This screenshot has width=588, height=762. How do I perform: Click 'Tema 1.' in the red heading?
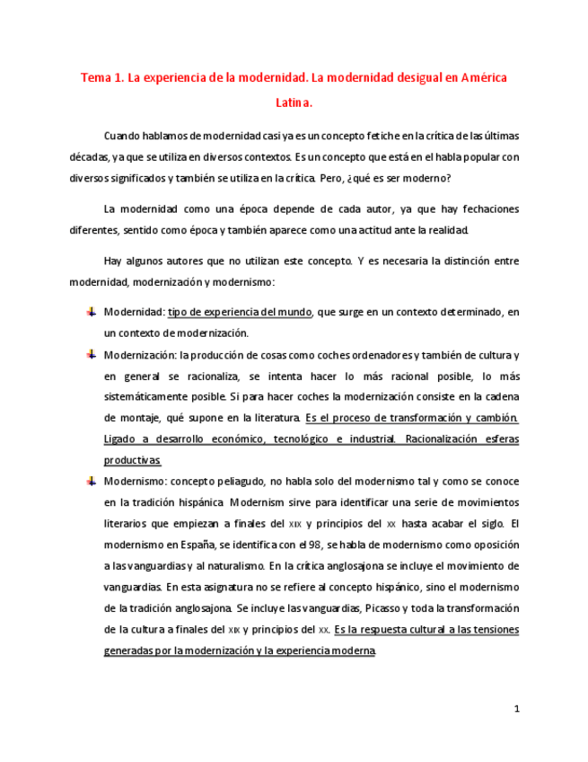click(x=101, y=78)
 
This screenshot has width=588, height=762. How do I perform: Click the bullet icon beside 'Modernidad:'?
click(x=91, y=312)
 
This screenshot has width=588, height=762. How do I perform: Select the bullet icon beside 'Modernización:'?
click(x=91, y=355)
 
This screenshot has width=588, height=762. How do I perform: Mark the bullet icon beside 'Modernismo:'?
click(x=91, y=482)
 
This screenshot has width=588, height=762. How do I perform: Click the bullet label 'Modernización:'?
click(x=140, y=355)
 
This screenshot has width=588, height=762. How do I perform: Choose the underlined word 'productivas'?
click(x=131, y=460)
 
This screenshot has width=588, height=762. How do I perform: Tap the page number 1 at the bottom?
click(x=517, y=710)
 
